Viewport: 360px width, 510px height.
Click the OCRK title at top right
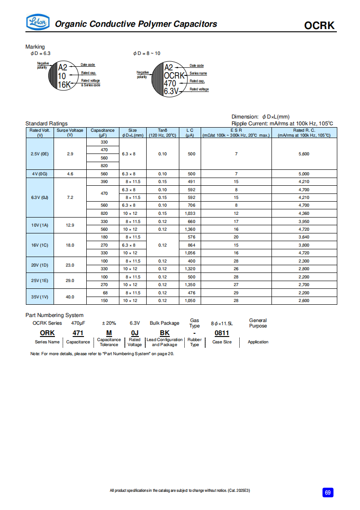pos(320,25)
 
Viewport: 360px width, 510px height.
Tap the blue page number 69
pos(328,492)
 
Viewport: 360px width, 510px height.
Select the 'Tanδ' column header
pos(163,130)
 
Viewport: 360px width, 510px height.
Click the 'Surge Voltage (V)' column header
pos(70,133)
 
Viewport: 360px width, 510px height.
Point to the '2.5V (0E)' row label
pos(39,154)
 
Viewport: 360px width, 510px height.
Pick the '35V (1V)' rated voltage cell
pos(39,297)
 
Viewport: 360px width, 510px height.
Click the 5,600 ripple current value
pos(304,154)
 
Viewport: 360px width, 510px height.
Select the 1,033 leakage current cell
pos(191,213)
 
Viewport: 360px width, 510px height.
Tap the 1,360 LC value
pos(191,229)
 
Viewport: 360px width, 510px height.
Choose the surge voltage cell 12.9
pos(70,225)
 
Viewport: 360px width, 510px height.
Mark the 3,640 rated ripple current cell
pos(304,237)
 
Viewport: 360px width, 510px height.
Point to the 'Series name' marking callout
pos(198,73)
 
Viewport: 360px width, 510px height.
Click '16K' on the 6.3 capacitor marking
pos(64,84)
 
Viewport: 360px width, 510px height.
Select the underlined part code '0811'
pos(222,333)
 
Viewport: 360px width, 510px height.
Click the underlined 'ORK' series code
pos(47,333)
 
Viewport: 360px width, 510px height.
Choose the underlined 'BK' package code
pos(164,333)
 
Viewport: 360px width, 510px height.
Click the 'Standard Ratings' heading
pos(46,124)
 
